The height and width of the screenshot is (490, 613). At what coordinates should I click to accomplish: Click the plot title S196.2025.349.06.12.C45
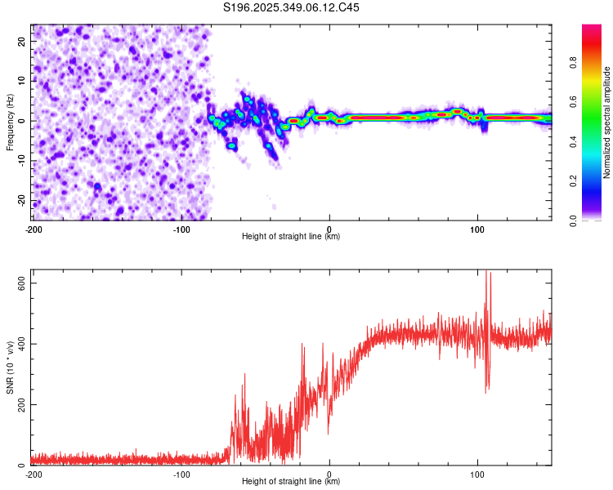click(291, 7)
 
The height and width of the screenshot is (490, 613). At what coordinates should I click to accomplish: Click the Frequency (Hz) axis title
click(10, 122)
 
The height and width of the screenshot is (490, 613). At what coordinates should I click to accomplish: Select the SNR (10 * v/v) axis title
click(10, 367)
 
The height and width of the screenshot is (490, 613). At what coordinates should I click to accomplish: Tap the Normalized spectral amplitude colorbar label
click(606, 122)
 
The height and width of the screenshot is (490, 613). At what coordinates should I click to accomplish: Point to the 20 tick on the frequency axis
click(22, 41)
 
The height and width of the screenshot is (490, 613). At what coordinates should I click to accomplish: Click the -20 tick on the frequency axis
click(22, 200)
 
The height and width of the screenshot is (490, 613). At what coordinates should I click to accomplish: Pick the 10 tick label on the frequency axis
click(22, 81)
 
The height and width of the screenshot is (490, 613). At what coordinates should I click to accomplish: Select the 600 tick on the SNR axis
click(22, 283)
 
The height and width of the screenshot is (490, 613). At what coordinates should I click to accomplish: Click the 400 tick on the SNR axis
click(22, 344)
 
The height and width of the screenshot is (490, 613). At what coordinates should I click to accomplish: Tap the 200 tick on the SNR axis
click(22, 404)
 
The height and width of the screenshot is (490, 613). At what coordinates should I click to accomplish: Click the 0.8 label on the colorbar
click(573, 63)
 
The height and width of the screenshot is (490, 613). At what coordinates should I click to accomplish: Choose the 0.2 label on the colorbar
click(573, 181)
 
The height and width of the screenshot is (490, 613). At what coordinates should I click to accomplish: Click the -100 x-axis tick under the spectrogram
click(181, 229)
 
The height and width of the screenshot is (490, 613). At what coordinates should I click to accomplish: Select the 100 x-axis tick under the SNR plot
click(477, 474)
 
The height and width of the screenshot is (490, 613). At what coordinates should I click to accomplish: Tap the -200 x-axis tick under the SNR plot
click(34, 474)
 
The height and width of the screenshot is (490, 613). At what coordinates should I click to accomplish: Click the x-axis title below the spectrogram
click(291, 236)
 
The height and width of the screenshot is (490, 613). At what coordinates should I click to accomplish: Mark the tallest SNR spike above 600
click(486, 271)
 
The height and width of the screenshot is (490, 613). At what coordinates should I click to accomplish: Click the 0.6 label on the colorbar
click(573, 102)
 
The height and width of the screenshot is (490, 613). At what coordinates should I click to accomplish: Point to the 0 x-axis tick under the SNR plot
click(329, 474)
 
